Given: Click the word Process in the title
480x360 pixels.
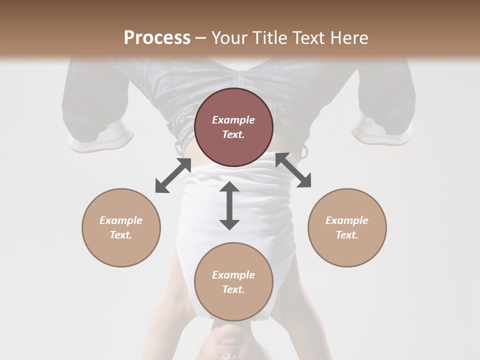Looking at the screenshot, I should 157,37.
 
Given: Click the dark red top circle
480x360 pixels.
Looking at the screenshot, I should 233,127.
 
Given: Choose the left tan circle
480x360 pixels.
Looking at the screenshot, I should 121,227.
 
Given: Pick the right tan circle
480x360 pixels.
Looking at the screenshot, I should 347,227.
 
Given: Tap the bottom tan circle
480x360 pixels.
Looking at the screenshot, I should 233,282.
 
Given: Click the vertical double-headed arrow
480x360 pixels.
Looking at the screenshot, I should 229,205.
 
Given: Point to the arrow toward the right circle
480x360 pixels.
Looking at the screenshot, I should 293,170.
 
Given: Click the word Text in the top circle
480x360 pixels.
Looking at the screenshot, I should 233,134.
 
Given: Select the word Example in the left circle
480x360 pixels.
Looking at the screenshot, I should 121,220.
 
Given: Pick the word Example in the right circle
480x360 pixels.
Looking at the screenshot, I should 347,220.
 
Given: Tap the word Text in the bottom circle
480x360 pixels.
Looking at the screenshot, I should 233,289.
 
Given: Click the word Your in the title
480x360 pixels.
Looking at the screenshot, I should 227,37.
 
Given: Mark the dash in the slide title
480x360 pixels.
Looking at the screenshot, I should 200,37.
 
